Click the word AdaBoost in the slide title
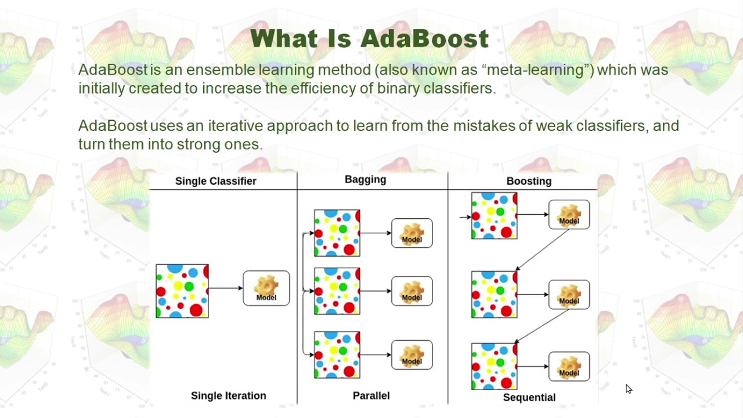(424, 39)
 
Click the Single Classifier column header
(215, 181)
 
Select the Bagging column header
(365, 179)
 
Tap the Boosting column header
(529, 181)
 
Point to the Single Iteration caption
(228, 395)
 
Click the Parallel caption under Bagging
(371, 395)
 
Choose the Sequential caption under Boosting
(529, 397)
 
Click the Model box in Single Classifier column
(266, 288)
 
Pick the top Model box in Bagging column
(412, 233)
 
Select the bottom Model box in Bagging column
(412, 355)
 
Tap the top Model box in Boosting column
(569, 214)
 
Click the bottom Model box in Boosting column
(569, 366)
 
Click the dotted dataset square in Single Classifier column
(182, 291)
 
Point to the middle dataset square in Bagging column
(337, 291)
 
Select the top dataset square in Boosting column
(494, 215)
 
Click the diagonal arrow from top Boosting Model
(543, 250)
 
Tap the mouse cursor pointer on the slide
(629, 389)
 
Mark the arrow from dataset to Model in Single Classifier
(225, 288)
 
